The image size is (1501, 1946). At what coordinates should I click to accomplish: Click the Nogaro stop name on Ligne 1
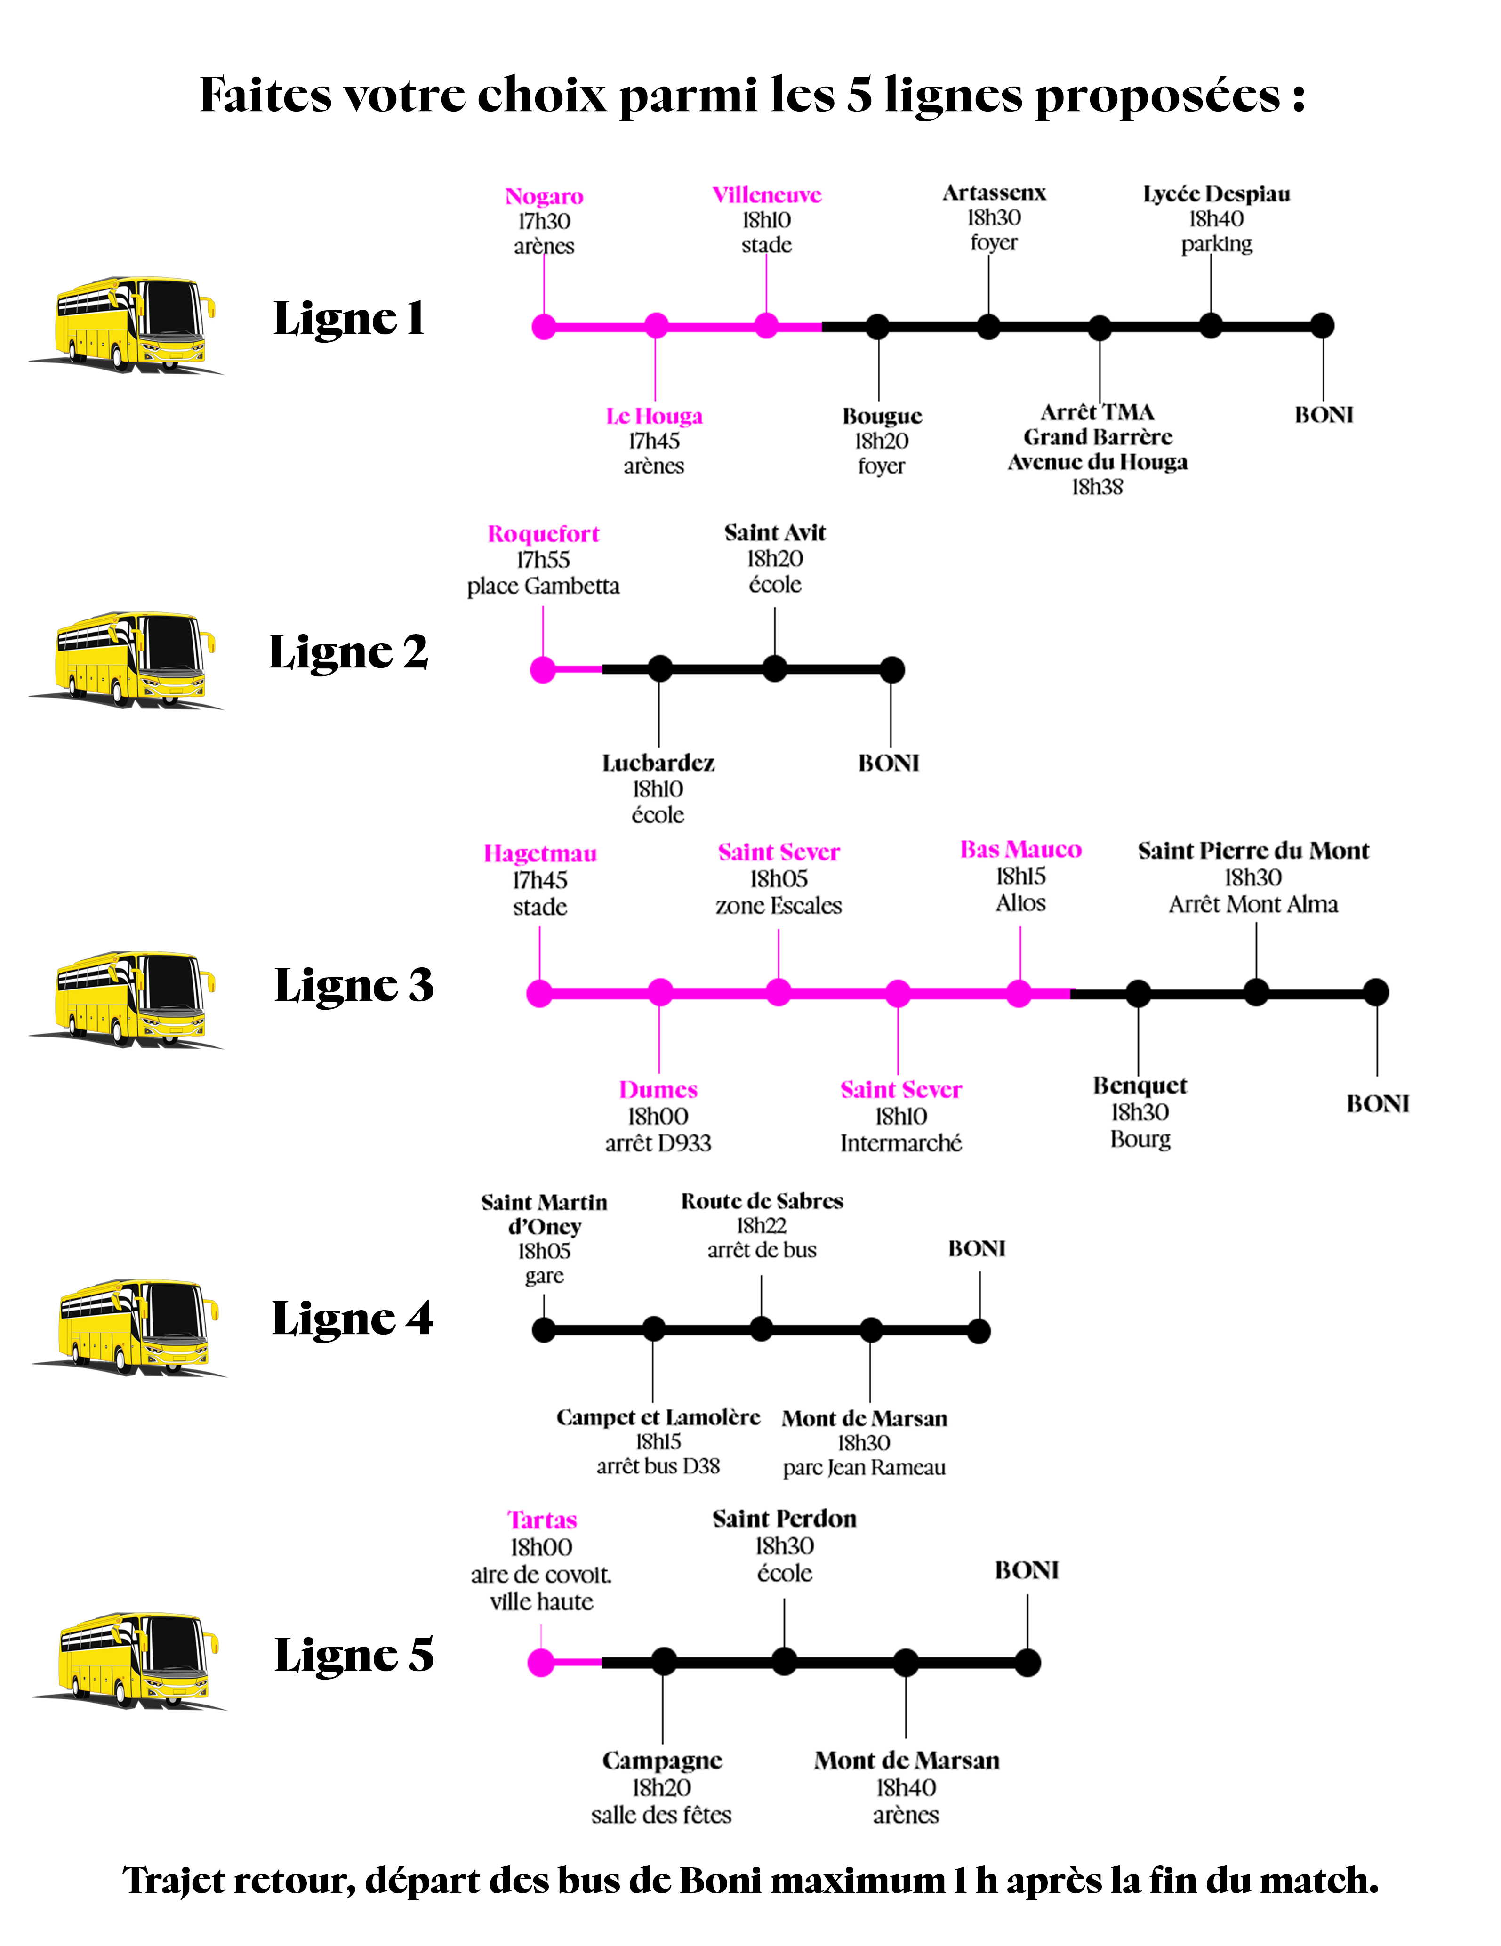coord(543,196)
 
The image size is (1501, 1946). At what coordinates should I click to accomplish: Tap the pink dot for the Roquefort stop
coord(543,670)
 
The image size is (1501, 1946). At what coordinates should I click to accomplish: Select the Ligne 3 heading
coord(353,986)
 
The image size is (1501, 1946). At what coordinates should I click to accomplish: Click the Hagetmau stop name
coord(540,853)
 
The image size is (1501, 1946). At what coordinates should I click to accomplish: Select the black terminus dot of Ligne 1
coord(1322,326)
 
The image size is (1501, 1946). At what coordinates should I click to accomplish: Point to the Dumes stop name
coord(658,1090)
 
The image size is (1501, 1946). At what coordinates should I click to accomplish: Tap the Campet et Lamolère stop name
coord(658,1418)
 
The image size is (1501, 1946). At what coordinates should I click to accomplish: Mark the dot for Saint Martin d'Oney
coord(543,1330)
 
